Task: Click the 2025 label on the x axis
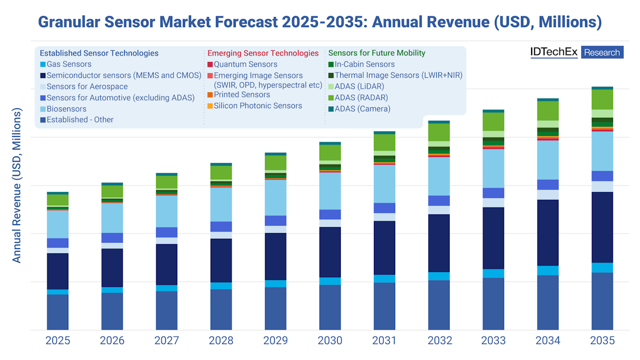(58, 341)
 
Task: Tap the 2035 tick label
(602, 341)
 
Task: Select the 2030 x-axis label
(330, 341)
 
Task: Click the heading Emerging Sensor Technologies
(262, 53)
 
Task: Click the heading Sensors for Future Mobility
(377, 53)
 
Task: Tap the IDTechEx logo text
(553, 52)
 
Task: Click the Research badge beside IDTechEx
(602, 52)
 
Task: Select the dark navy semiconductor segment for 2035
(602, 227)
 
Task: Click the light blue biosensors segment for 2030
(330, 191)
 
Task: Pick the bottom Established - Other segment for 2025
(58, 312)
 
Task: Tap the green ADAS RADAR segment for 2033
(493, 122)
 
